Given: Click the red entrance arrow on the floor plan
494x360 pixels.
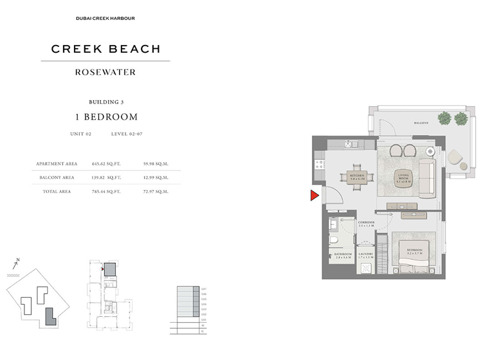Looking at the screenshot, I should [x=315, y=195].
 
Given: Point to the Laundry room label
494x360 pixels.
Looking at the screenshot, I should [x=365, y=256].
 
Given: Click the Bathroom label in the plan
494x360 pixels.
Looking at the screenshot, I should [x=343, y=256].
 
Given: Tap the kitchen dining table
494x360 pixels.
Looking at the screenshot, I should [x=358, y=183].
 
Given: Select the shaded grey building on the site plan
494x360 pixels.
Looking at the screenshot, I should [x=50, y=316].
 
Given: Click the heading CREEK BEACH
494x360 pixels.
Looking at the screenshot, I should [x=105, y=49].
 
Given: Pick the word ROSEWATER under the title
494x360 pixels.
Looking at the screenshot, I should [x=105, y=72].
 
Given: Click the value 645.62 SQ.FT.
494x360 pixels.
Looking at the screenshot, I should [x=107, y=164].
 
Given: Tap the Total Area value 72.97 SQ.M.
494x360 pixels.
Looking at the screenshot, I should [x=156, y=192].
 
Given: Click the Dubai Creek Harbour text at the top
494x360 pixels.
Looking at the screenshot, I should [x=105, y=18].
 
